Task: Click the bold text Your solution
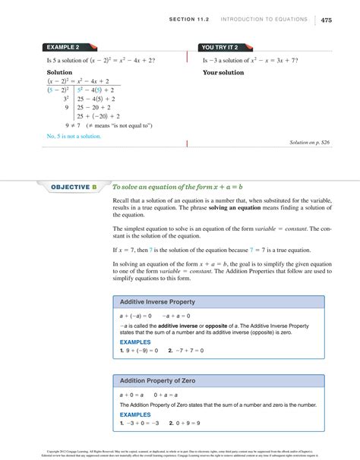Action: (223, 73)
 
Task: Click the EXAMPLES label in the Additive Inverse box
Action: (135, 342)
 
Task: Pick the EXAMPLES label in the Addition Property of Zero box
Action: (135, 414)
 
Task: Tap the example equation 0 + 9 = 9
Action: (190, 423)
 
